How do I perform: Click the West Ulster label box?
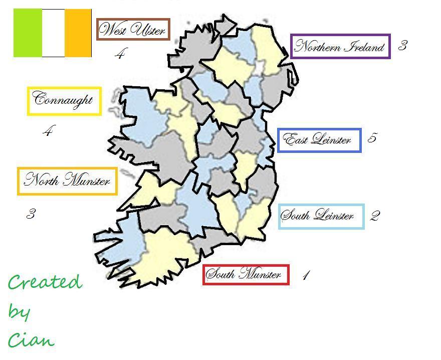(x=133, y=30)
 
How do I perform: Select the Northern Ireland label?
(x=340, y=47)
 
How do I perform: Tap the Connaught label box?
(x=64, y=101)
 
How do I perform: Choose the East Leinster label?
(x=319, y=139)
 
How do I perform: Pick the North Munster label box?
(x=68, y=181)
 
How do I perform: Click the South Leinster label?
(x=321, y=216)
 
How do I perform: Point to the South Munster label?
(x=246, y=274)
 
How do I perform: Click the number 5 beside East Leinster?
(x=372, y=138)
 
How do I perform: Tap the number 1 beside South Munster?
(x=306, y=275)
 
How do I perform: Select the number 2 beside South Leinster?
(x=375, y=216)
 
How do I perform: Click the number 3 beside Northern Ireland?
(x=402, y=46)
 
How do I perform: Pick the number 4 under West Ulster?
(x=119, y=54)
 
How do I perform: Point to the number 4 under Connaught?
(x=48, y=131)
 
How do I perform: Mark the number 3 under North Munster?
(x=31, y=214)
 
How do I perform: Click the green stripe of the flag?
(x=28, y=33)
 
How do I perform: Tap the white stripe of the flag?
(x=53, y=33)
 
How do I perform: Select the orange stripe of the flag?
(x=78, y=33)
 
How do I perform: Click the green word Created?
(x=45, y=282)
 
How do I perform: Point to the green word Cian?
(x=31, y=340)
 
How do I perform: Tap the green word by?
(x=19, y=312)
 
